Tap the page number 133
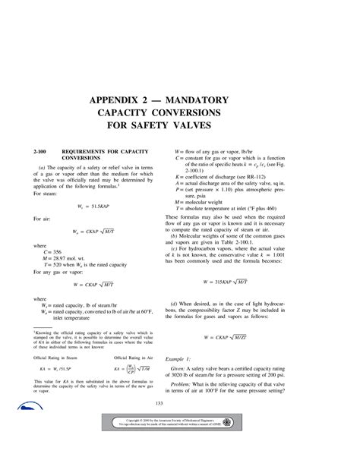coord(180,403)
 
